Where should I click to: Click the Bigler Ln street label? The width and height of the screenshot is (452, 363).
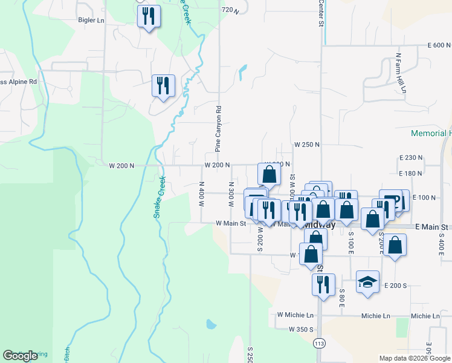coord(91,20)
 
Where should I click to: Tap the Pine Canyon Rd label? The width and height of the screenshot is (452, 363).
coord(219,129)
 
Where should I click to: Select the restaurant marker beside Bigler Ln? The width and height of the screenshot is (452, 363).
coord(149,16)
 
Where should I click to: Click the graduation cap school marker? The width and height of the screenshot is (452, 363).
coord(367,283)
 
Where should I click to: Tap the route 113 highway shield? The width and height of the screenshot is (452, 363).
coord(318,343)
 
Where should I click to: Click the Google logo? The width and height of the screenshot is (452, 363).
coord(20,356)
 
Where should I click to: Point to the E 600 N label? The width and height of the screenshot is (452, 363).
coord(439,45)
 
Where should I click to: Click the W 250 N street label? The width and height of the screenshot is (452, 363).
coord(306,145)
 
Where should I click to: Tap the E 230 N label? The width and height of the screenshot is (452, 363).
coord(411,157)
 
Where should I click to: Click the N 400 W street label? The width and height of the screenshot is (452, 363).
coord(201,194)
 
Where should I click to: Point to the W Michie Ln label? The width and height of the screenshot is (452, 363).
coord(295,315)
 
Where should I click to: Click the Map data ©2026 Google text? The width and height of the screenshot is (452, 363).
coord(415,358)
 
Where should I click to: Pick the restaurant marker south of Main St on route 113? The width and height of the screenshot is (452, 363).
coord(323,284)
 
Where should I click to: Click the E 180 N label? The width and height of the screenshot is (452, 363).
coord(411,174)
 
